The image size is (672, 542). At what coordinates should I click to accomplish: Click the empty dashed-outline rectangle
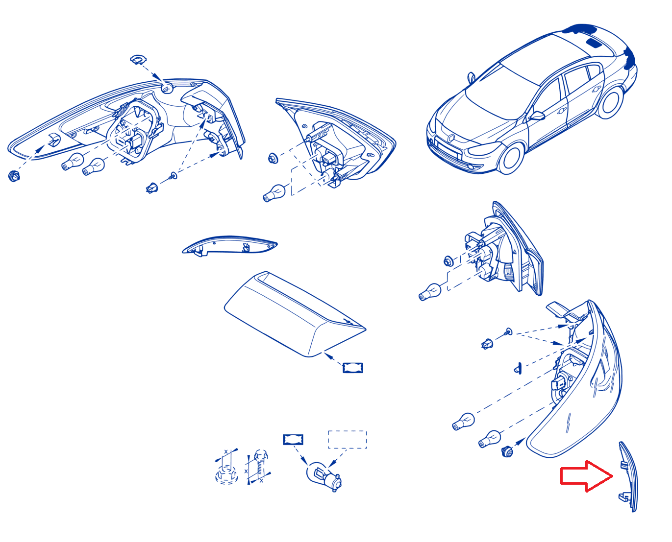[x=347, y=439]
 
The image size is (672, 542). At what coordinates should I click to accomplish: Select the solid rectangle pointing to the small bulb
[x=293, y=439]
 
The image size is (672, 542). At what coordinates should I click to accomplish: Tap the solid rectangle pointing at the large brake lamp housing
[x=353, y=368]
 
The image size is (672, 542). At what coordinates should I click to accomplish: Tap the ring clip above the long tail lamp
[x=138, y=59]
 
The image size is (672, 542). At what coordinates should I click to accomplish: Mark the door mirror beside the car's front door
[x=537, y=116]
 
